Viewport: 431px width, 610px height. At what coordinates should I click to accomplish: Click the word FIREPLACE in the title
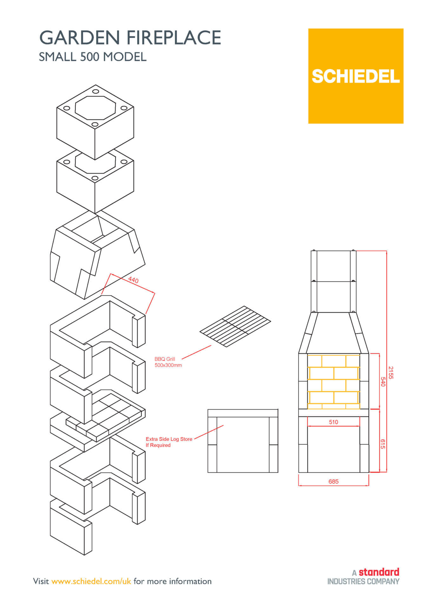(174, 37)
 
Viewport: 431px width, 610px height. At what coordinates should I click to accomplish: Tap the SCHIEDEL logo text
(355, 76)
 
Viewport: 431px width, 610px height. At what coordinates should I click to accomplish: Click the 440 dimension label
(133, 280)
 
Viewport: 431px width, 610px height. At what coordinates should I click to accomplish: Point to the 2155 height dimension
(391, 372)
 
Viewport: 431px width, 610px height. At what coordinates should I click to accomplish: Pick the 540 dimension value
(382, 382)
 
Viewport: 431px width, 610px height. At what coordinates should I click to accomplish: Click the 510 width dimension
(333, 422)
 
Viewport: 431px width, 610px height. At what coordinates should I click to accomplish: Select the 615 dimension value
(382, 444)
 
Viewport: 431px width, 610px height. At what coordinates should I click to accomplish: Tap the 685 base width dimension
(333, 481)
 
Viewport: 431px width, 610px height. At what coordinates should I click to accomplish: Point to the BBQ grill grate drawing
(235, 326)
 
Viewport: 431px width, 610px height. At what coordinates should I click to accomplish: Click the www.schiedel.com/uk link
(91, 581)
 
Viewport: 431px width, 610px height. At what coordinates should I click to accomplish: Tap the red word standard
(379, 572)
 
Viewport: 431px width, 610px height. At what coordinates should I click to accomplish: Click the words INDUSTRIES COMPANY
(363, 581)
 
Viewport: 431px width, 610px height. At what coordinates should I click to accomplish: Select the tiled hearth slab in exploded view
(108, 413)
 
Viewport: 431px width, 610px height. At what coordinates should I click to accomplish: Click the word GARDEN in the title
(81, 37)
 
